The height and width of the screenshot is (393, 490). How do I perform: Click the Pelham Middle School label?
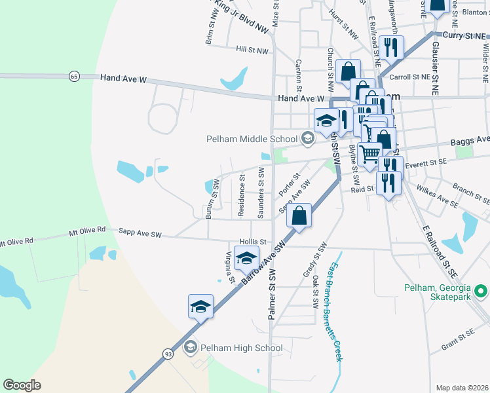[252, 139]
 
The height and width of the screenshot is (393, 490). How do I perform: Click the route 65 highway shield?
[73, 77]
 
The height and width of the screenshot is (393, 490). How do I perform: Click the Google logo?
[22, 385]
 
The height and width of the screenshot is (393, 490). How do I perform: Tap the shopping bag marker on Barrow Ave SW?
[299, 216]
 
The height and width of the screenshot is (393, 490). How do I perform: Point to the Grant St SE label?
[457, 338]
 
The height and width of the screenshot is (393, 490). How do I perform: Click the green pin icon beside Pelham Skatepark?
[481, 289]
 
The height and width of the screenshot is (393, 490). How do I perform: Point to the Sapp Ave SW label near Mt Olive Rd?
[140, 233]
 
